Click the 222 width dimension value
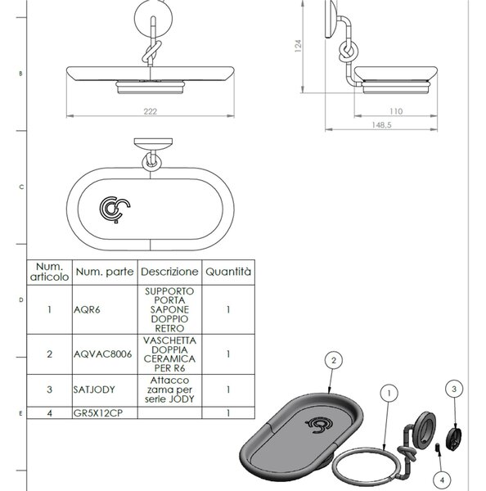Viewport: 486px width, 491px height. pyautogui.click(x=150, y=111)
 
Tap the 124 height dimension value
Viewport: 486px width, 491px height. pyautogui.click(x=298, y=46)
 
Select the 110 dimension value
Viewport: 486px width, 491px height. pyautogui.click(x=396, y=111)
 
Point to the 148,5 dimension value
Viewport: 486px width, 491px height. pyautogui.click(x=381, y=125)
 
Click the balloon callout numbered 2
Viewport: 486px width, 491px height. pyautogui.click(x=334, y=360)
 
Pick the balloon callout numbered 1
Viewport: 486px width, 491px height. pyautogui.click(x=389, y=393)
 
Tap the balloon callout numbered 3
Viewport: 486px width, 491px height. pyautogui.click(x=454, y=389)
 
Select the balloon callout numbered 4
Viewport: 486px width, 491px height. pyautogui.click(x=442, y=480)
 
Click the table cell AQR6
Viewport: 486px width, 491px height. pyautogui.click(x=87, y=309)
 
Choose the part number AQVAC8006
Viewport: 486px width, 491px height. pyautogui.click(x=103, y=354)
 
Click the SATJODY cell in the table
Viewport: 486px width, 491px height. pyautogui.click(x=94, y=390)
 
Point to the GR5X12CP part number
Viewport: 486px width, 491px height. pyautogui.click(x=98, y=413)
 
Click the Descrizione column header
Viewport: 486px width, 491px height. pyautogui.click(x=169, y=272)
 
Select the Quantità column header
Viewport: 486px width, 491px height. pyautogui.click(x=228, y=271)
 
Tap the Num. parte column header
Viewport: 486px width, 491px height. pyautogui.click(x=105, y=272)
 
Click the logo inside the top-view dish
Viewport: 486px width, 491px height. pyautogui.click(x=115, y=209)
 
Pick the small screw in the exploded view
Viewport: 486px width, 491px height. pyautogui.click(x=438, y=448)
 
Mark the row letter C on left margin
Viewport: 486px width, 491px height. pyautogui.click(x=21, y=187)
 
